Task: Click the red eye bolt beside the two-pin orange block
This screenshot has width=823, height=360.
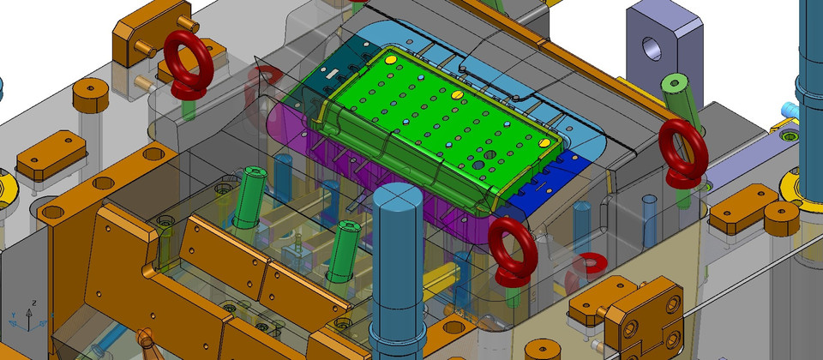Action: tap(189, 66)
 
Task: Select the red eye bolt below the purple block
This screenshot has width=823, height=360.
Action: tap(683, 153)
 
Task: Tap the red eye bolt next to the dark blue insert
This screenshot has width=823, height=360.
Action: tap(514, 251)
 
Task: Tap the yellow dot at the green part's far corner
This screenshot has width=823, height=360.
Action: tap(390, 60)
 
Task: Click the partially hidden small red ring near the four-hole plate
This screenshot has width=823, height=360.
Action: tap(588, 267)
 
